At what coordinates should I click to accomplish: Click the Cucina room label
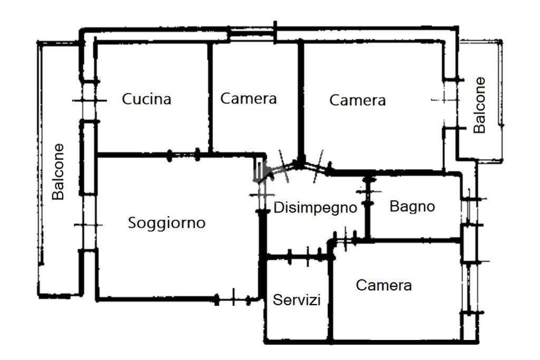[147, 99]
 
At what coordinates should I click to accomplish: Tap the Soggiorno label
[167, 223]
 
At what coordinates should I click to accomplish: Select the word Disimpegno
[315, 208]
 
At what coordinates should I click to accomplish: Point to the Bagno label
[412, 207]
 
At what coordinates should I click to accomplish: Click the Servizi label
[296, 300]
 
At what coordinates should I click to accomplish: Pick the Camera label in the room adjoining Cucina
[248, 99]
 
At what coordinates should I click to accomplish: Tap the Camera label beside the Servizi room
[384, 285]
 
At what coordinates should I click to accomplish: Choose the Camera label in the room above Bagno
[358, 100]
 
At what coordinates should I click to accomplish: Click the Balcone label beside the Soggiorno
[58, 172]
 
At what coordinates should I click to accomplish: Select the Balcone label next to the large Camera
[479, 105]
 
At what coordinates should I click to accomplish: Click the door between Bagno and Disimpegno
[368, 192]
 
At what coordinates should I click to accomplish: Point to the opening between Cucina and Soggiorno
[183, 155]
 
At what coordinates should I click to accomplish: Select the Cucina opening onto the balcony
[89, 101]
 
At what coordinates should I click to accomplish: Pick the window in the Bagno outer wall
[469, 211]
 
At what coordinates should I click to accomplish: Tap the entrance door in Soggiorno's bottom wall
[233, 299]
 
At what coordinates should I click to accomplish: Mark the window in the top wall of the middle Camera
[252, 34]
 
